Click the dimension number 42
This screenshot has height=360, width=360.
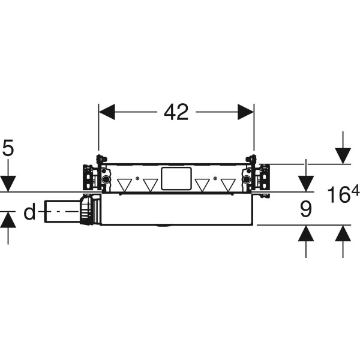pos(176,112)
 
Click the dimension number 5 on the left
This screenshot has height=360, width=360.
pos(8,148)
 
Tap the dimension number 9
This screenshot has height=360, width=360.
pos(306,209)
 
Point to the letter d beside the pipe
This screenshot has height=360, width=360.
pos(29,211)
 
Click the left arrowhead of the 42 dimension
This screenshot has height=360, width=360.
pos(107,112)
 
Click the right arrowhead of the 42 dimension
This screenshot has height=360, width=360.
pos(245,112)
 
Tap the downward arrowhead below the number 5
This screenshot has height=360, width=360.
pos(8,184)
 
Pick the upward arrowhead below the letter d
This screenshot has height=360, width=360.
pos(8,220)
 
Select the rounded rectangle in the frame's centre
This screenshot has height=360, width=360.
pos(176,179)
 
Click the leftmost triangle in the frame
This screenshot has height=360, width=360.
pos(124,185)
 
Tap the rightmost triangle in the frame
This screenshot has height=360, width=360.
pos(228,185)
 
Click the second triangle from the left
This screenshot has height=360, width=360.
pos(151,185)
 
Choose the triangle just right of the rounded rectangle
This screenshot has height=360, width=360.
pos(202,185)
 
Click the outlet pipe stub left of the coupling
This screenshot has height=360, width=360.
pos(62,211)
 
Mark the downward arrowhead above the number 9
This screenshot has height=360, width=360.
pos(306,184)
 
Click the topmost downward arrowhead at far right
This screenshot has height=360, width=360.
pos(343,156)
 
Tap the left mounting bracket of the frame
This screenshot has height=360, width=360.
pos(97,174)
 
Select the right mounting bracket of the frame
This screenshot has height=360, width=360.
pos(256,174)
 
